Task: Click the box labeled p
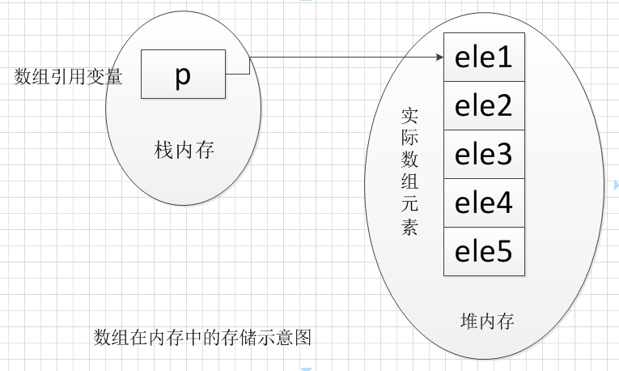pyautogui.click(x=183, y=74)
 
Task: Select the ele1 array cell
pyautogui.click(x=484, y=57)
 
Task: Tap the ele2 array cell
pyautogui.click(x=484, y=105)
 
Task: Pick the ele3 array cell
pyautogui.click(x=484, y=154)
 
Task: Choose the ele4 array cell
pyautogui.click(x=484, y=203)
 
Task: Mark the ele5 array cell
pyautogui.click(x=484, y=251)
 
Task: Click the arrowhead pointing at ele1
pyautogui.click(x=440, y=57)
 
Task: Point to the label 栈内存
pyautogui.click(x=184, y=150)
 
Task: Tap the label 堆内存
pyautogui.click(x=487, y=321)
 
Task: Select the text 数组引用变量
pyautogui.click(x=68, y=76)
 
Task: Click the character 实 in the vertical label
pyautogui.click(x=409, y=115)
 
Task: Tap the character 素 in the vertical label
pyautogui.click(x=409, y=227)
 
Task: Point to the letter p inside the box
pyautogui.click(x=183, y=75)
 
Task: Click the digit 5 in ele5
pyautogui.click(x=503, y=251)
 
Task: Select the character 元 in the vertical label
pyautogui.click(x=409, y=204)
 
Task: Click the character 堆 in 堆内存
pyautogui.click(x=469, y=321)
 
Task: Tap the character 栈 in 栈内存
pyautogui.click(x=163, y=150)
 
